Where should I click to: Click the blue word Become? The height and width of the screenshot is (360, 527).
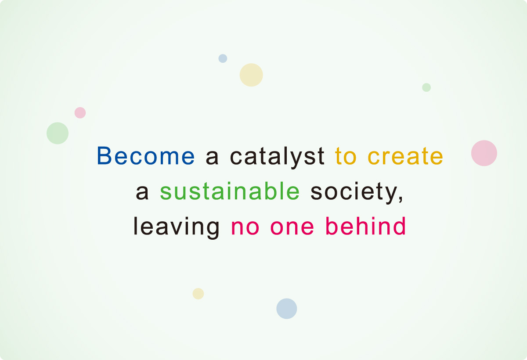(x=145, y=156)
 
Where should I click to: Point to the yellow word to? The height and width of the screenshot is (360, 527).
(x=345, y=156)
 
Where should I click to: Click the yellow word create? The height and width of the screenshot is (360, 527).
(x=405, y=156)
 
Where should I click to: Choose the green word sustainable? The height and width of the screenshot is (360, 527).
(x=230, y=191)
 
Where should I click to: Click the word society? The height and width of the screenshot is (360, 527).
(x=357, y=192)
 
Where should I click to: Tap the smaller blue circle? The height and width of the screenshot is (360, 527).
(x=223, y=58)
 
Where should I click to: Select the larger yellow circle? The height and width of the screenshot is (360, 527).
(x=251, y=75)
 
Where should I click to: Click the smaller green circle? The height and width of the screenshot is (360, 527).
(x=426, y=87)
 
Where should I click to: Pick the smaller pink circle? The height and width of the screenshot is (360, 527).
(x=80, y=113)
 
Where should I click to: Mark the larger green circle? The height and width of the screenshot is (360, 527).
(x=58, y=133)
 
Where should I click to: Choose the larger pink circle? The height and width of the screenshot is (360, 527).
(x=484, y=153)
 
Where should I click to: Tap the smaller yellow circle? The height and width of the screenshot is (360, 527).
(x=198, y=294)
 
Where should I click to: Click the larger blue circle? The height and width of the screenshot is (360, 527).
(x=287, y=309)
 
